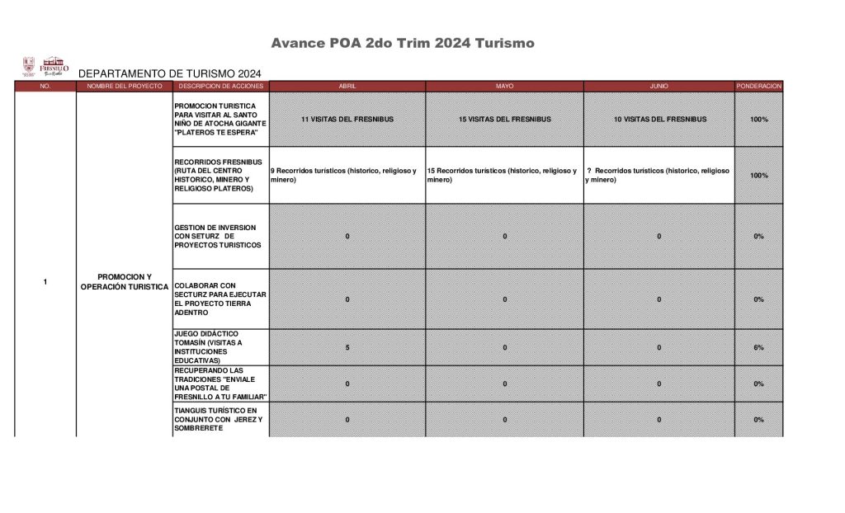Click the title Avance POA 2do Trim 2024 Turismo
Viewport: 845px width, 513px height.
(403, 43)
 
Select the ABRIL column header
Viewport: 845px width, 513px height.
(347, 86)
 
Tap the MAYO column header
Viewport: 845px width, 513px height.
(504, 86)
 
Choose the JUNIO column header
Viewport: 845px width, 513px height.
(659, 86)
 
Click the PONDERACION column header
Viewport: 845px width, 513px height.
(758, 86)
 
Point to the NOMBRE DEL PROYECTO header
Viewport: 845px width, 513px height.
(125, 86)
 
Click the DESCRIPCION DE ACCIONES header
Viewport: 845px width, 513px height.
(220, 86)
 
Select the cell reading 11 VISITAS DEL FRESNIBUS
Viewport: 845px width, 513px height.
(347, 120)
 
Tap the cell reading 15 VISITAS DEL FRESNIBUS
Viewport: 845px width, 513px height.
(504, 120)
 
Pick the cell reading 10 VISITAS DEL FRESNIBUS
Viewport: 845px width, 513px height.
(659, 120)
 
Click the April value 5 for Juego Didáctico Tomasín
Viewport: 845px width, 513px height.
(347, 348)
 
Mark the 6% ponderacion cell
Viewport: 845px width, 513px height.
(758, 348)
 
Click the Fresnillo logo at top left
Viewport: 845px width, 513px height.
(45, 66)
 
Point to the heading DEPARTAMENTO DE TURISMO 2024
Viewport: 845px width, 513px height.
(170, 73)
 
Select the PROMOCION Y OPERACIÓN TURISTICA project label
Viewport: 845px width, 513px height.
(125, 281)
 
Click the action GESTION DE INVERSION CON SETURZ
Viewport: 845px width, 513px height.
(217, 236)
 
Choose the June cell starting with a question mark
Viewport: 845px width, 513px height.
(659, 175)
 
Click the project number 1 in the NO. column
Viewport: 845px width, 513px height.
(45, 283)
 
